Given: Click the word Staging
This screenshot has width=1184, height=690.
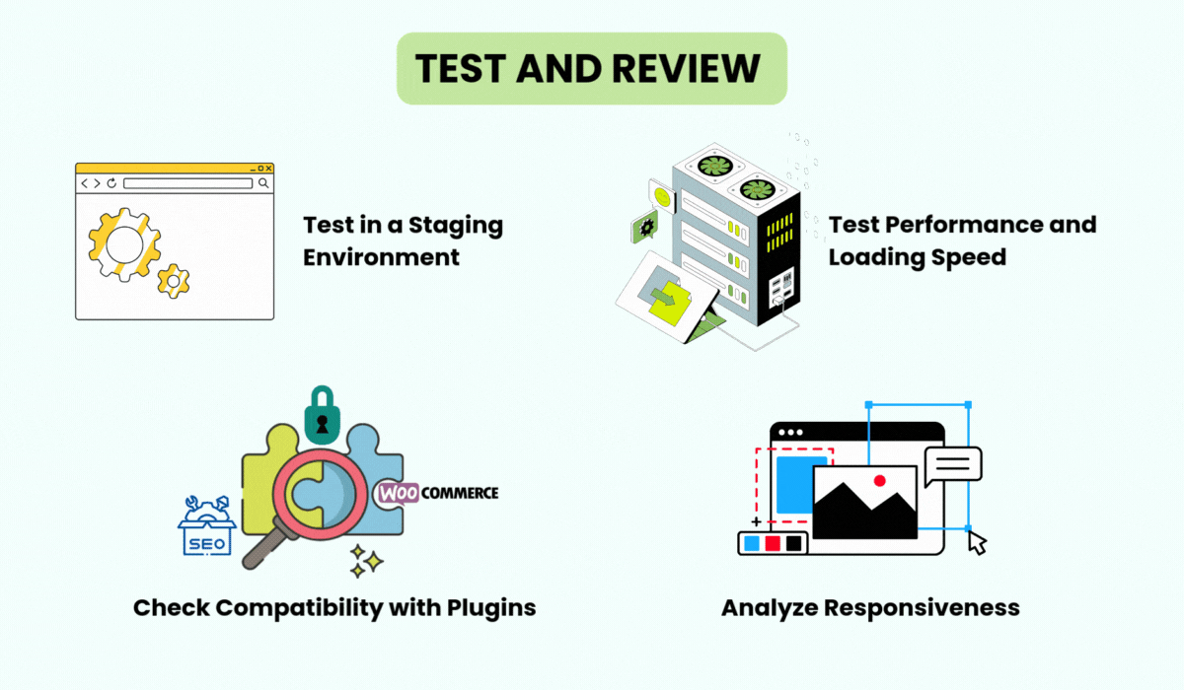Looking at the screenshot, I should click(x=449, y=225).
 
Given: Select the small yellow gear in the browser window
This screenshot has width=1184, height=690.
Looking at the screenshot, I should click(x=174, y=281).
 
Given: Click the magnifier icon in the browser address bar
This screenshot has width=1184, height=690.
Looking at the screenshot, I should click(x=263, y=183).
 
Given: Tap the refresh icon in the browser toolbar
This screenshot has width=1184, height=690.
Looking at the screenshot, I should click(x=111, y=183).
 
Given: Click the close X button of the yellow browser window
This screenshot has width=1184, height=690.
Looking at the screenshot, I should click(x=267, y=169).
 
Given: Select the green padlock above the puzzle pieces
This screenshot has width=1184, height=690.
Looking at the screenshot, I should click(x=322, y=414).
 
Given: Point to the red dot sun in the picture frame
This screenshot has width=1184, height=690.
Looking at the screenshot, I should click(x=880, y=480).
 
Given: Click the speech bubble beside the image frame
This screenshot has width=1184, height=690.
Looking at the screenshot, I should click(x=952, y=464).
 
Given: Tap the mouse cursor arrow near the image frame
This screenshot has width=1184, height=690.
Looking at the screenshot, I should click(x=977, y=542).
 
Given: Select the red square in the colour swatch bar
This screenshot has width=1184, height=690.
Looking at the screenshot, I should click(x=773, y=543).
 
